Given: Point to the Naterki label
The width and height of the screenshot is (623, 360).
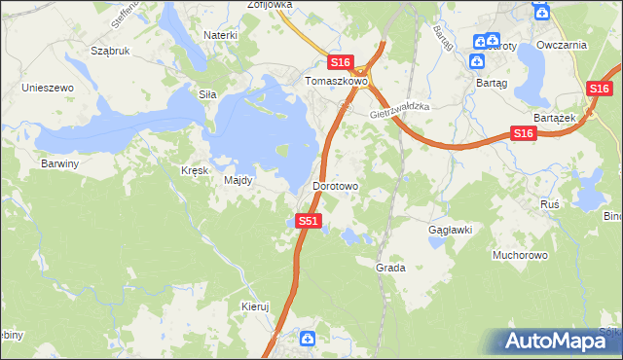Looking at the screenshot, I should click(220, 35).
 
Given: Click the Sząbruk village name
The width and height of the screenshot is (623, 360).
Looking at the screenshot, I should click(109, 50).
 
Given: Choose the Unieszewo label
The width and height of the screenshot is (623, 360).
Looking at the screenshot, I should click(49, 88).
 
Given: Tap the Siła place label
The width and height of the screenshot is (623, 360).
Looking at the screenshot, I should click(206, 94).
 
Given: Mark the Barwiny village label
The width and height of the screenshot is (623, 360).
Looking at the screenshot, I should click(59, 163).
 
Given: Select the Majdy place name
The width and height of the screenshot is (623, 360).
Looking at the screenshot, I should click(238, 180).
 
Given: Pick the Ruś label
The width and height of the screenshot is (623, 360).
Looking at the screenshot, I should click(549, 204).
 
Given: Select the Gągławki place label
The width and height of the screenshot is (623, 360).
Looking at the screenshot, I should click(450, 231).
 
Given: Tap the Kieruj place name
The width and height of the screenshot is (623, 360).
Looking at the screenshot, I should click(254, 306).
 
